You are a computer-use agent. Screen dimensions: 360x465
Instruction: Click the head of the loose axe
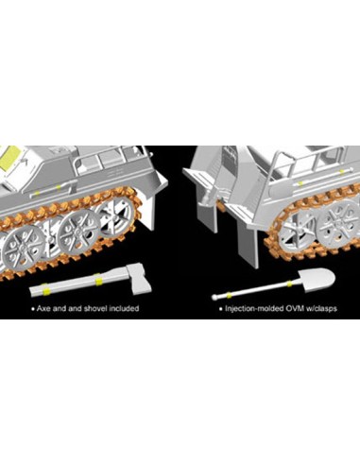coord(140,280)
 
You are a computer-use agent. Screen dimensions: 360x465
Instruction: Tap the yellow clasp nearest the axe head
coord(98,279)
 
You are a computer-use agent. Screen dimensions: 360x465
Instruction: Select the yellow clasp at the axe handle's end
coord(45,289)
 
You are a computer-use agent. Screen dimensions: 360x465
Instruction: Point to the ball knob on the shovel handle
coord(214,297)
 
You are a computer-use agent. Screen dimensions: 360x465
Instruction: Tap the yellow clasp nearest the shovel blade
coord(289,284)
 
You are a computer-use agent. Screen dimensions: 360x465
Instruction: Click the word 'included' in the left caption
coord(124,308)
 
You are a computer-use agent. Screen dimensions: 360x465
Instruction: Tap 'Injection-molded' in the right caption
coord(254,309)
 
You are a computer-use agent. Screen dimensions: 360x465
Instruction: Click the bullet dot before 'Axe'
coord(33,309)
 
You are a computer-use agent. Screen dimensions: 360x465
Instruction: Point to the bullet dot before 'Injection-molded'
coord(221,309)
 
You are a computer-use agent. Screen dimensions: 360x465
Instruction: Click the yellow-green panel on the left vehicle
coord(9,158)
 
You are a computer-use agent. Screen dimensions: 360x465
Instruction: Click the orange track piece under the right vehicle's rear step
coord(221,206)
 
